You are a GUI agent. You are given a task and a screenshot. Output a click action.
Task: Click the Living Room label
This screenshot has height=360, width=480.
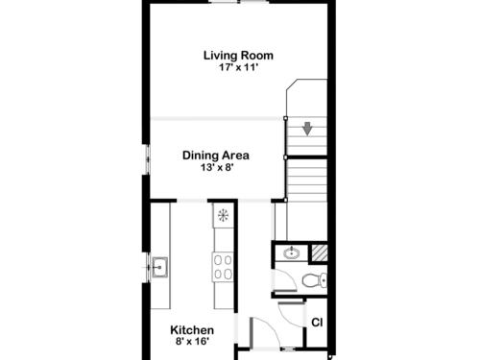click(x=238, y=56)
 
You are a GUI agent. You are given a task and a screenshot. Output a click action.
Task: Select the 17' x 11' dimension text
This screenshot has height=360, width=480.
click(x=238, y=67)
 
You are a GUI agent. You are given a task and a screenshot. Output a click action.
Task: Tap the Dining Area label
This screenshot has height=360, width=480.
click(x=216, y=156)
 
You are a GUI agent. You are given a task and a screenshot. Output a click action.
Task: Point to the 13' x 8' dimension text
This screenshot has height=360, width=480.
click(x=216, y=167)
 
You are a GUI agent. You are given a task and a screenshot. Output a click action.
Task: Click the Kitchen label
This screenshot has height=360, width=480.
click(x=192, y=330)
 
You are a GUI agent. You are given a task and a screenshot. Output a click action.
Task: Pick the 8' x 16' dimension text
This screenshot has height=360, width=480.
click(x=192, y=342)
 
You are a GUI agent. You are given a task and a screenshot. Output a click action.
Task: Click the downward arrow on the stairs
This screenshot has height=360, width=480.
click(x=307, y=129)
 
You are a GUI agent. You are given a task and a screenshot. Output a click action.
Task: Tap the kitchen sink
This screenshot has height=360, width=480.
click(x=159, y=267)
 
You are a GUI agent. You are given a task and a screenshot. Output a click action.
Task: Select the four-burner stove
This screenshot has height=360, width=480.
click(x=223, y=267)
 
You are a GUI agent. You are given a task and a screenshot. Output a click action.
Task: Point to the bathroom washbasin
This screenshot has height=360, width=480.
click(x=292, y=253)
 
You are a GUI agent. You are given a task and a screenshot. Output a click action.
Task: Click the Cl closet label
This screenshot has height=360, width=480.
click(x=317, y=323)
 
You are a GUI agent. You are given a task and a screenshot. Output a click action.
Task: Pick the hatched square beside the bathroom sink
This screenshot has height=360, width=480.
click(x=320, y=252)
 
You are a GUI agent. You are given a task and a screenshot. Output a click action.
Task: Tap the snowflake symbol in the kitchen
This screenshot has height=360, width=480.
click(x=223, y=215)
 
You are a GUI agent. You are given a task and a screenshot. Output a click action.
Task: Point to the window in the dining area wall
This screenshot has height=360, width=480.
click(x=148, y=159)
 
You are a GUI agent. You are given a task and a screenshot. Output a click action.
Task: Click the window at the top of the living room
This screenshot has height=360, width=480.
click(x=239, y=2)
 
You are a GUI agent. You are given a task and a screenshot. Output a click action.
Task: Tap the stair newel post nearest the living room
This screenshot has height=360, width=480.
click(x=285, y=118)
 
